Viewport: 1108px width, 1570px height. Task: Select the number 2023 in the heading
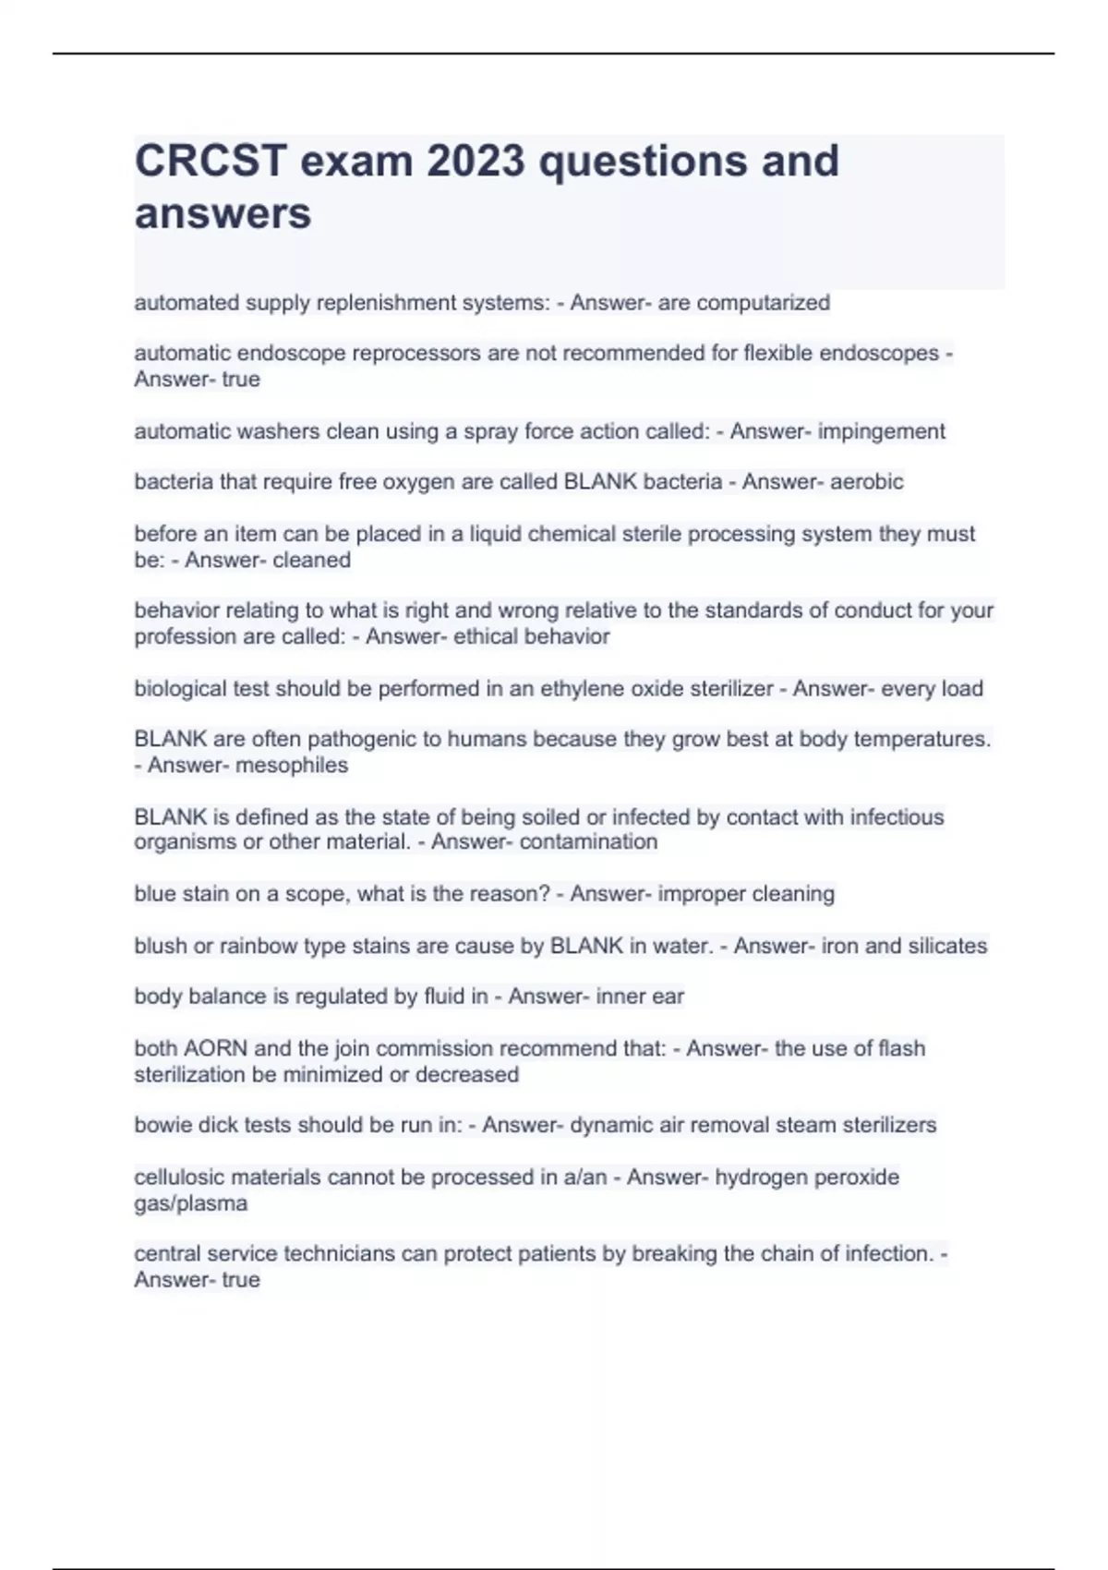click(x=476, y=161)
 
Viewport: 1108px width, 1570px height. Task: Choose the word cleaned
click(x=311, y=561)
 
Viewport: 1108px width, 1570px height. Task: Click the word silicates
click(x=947, y=946)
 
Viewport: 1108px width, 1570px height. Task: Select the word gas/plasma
click(x=190, y=1204)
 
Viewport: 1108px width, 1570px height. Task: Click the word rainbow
click(x=259, y=946)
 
